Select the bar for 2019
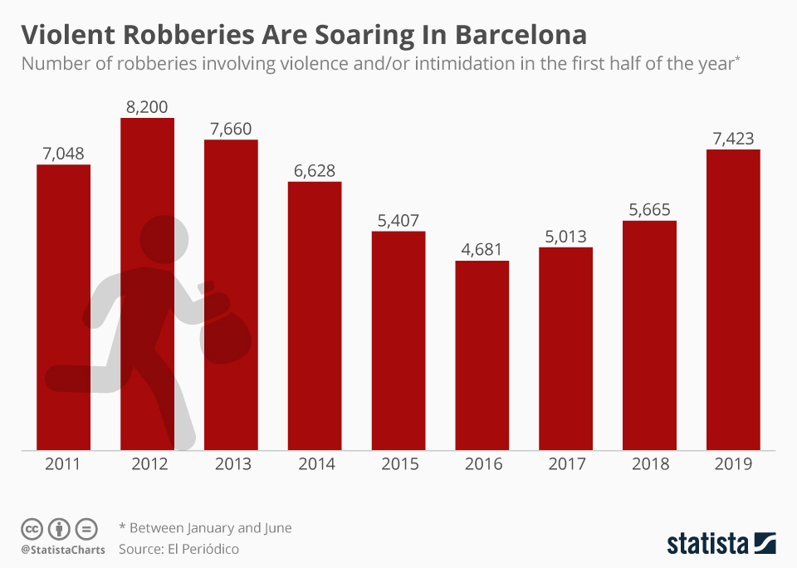tap(733, 300)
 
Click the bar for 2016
tap(482, 355)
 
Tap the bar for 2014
tap(315, 316)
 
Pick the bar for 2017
tap(565, 349)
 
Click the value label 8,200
tap(148, 106)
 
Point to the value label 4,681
tap(482, 249)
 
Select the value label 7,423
tap(733, 138)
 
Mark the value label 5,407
tap(398, 220)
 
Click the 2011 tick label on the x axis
tap(63, 464)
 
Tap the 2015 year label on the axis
tap(398, 464)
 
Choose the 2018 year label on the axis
tap(649, 464)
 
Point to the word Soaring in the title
tap(346, 35)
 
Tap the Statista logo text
tap(707, 544)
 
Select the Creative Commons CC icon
tap(32, 528)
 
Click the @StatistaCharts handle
tap(63, 550)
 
